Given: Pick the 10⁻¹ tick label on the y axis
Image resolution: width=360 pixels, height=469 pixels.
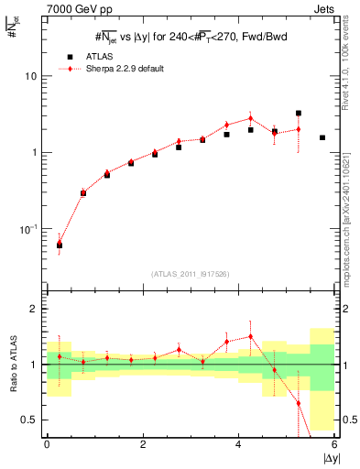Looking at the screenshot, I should coord(27,228).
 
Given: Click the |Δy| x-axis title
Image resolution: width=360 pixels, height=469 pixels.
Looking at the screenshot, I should coord(331,458).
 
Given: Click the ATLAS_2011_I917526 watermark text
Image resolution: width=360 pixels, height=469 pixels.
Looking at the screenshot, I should coord(191,275).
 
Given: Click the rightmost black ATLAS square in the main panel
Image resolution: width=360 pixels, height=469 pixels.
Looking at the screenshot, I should coord(322,137).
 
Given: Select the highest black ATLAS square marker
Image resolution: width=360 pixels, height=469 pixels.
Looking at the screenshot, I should coord(299,114).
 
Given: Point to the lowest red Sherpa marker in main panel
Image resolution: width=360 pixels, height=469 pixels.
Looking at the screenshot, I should coord(60,242).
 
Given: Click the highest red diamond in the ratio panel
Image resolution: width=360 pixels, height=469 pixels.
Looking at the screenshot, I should coord(250,336).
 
